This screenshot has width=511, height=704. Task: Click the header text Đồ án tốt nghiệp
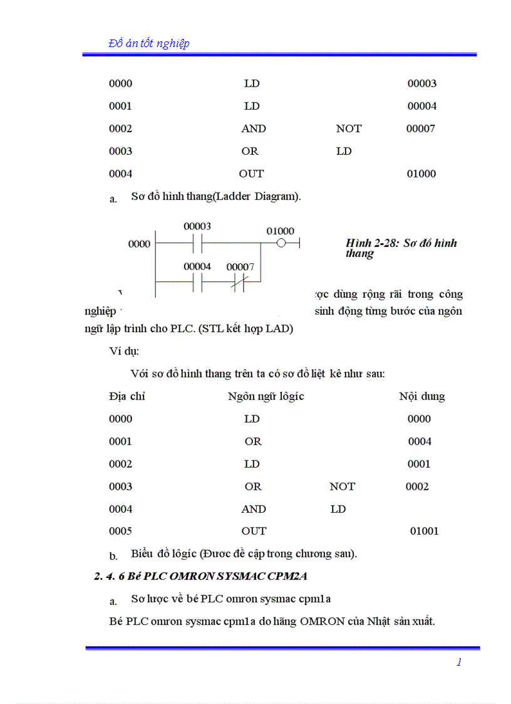[x=149, y=43]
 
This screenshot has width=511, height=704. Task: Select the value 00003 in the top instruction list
[x=421, y=83]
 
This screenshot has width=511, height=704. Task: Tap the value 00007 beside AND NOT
[x=420, y=129]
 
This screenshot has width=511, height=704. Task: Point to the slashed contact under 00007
[x=238, y=283]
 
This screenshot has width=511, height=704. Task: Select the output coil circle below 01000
[x=281, y=243]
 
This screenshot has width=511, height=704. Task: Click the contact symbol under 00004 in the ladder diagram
[x=197, y=283]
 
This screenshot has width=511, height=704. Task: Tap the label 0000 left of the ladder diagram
[x=139, y=244]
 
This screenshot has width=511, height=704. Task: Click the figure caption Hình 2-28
[x=401, y=248]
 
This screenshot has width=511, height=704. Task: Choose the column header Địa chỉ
[x=126, y=396]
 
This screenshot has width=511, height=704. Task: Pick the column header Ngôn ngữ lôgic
[x=266, y=396]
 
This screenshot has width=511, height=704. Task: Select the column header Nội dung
[x=421, y=396]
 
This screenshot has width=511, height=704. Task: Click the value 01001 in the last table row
[x=424, y=531]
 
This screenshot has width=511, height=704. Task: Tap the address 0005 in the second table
[x=120, y=531]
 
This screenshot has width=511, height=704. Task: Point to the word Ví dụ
[x=124, y=350]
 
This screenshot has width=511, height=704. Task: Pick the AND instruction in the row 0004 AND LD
[x=254, y=509]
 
